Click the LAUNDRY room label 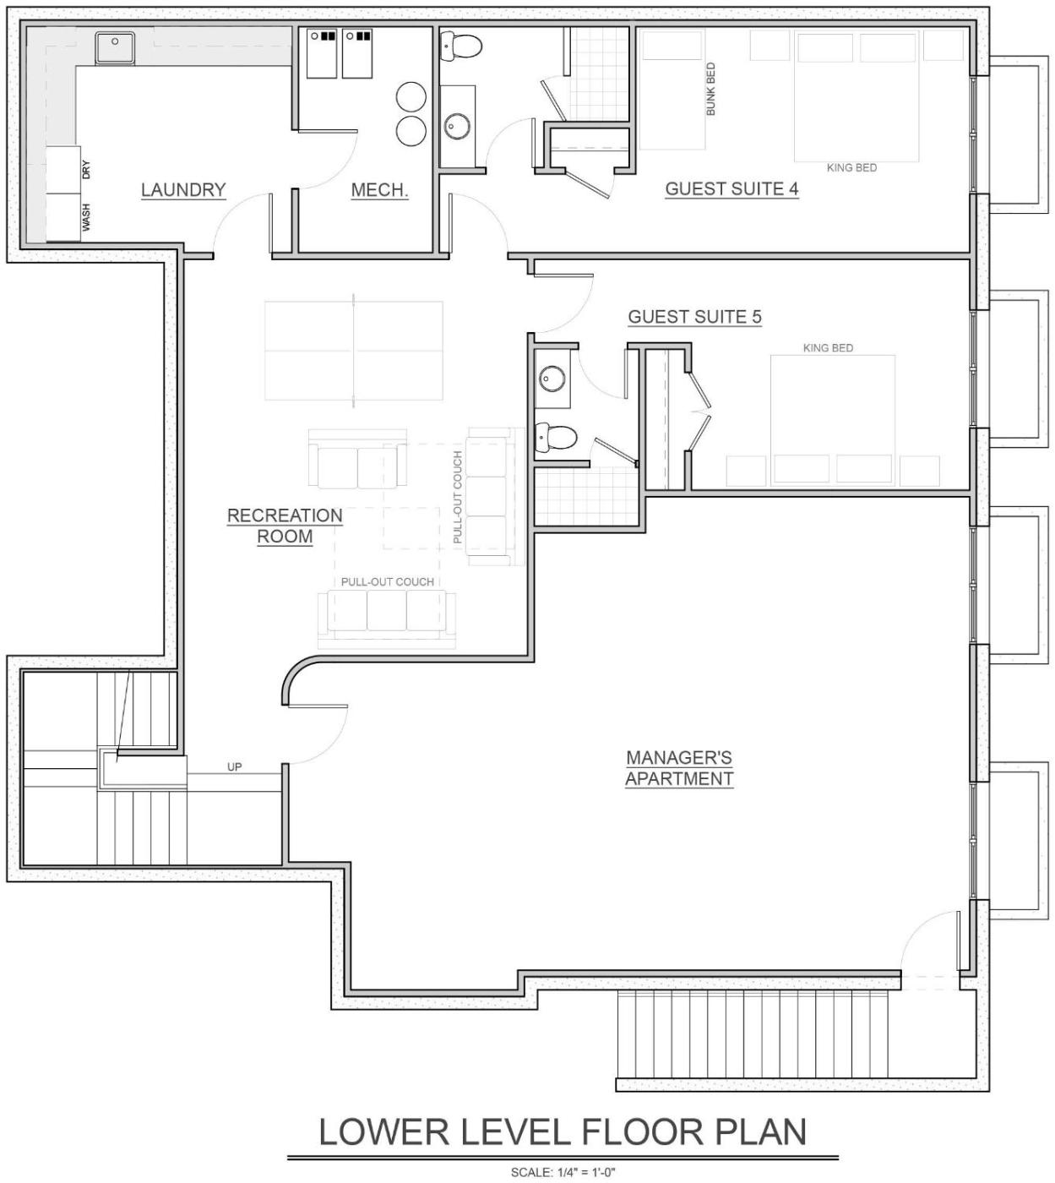[183, 190]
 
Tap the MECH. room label [379, 190]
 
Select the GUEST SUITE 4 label [732, 188]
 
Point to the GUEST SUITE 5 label [695, 317]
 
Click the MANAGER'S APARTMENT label [679, 768]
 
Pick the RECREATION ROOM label [285, 526]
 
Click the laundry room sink [116, 46]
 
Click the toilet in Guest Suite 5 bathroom [557, 436]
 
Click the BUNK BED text [710, 89]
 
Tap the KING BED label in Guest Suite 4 [851, 167]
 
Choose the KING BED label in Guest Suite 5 [828, 348]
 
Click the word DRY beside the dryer [86, 170]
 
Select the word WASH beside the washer [86, 217]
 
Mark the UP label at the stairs [234, 766]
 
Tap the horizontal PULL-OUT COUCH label [388, 581]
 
